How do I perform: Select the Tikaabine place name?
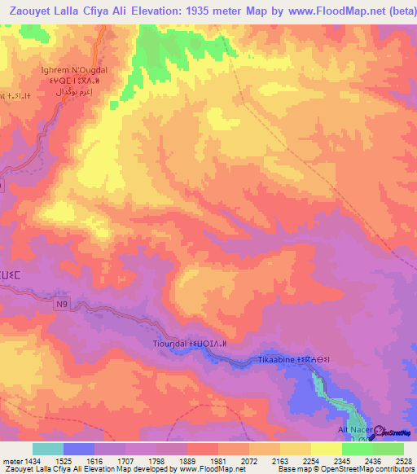(276, 359)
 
